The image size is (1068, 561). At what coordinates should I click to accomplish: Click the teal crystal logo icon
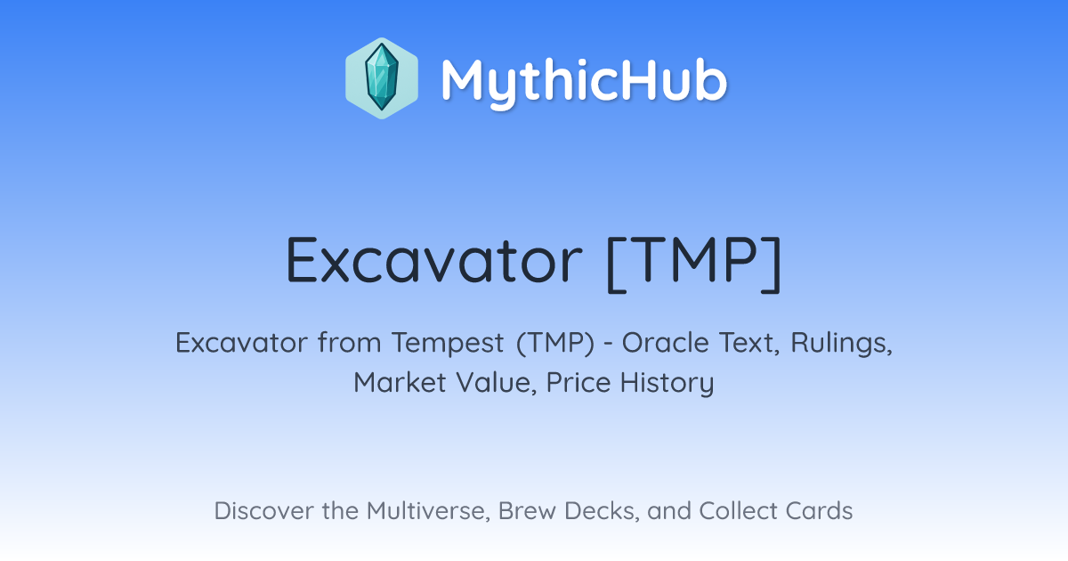pos(382,78)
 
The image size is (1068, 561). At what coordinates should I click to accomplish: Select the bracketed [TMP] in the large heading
pos(694,264)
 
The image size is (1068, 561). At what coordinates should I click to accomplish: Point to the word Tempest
pos(448,343)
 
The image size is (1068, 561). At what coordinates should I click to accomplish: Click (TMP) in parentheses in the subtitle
pos(555,343)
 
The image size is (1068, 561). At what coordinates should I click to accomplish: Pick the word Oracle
pos(665,343)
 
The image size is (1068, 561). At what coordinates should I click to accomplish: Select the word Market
pos(400,382)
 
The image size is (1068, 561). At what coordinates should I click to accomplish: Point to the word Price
pos(578,382)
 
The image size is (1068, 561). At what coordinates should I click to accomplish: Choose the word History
pos(667,383)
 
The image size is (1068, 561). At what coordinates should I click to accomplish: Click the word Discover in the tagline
pos(263,510)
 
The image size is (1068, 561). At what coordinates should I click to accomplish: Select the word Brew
pos(527,510)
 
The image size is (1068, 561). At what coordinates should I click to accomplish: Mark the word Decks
pos(603,511)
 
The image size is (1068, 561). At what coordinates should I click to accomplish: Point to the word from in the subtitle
pos(350,342)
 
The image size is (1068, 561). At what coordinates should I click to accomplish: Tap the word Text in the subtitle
pos(749,343)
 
